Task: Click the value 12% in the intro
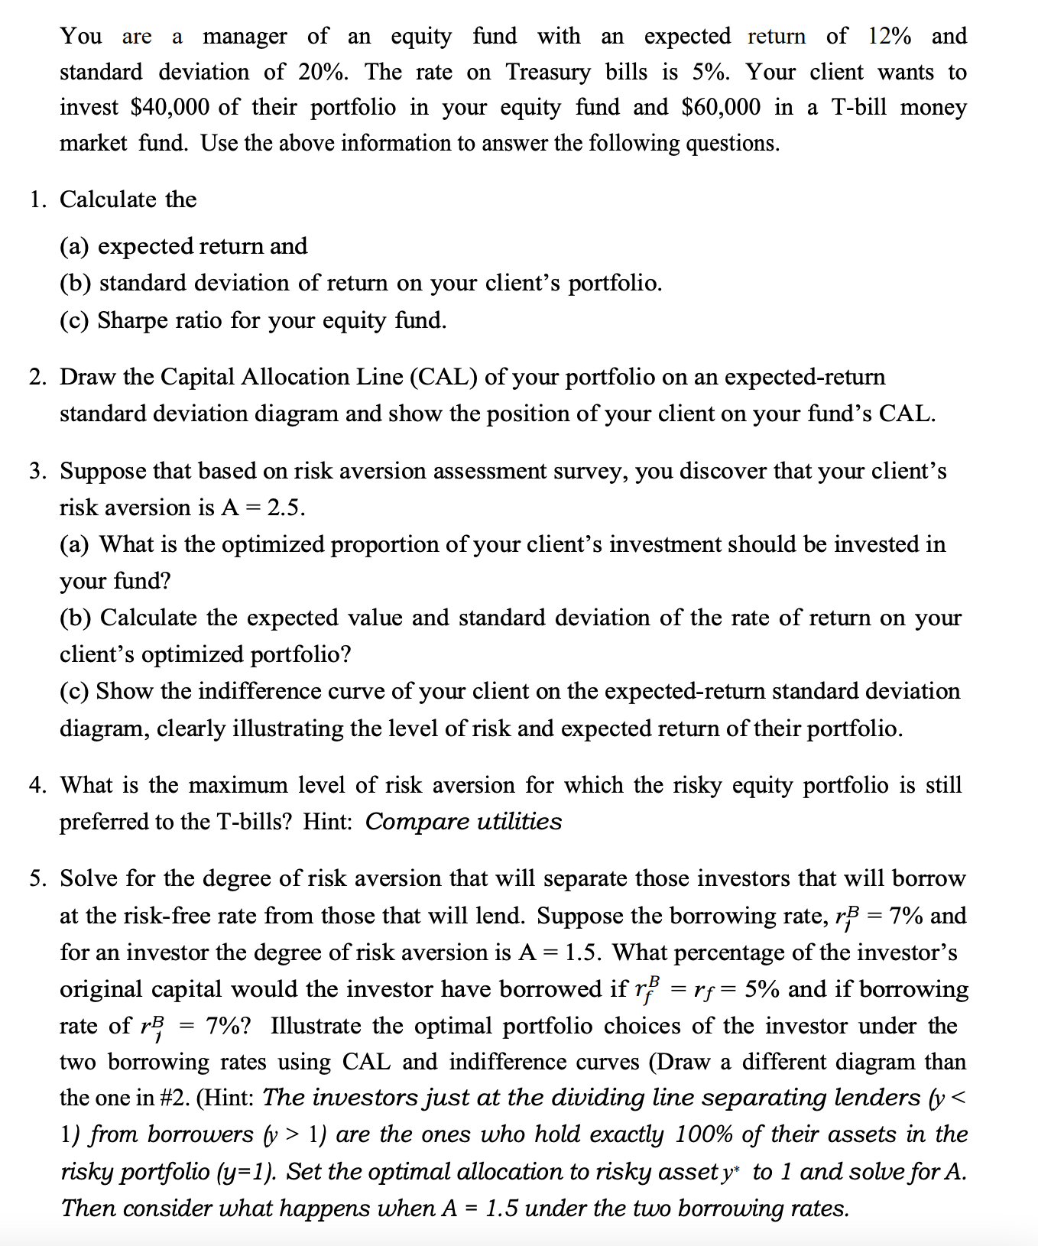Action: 890,36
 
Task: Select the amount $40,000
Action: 170,107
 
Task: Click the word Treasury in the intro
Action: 548,72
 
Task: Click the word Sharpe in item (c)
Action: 132,320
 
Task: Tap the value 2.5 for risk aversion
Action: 286,508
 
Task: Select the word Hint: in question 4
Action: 328,822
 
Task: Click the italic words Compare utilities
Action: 463,822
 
